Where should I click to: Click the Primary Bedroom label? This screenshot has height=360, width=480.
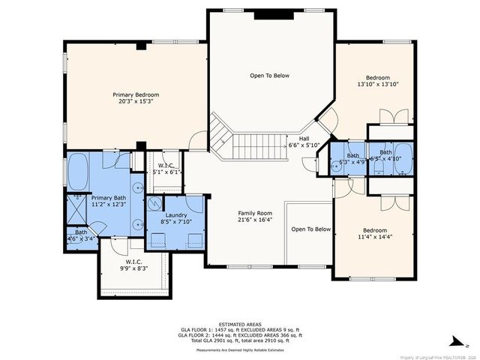(136, 94)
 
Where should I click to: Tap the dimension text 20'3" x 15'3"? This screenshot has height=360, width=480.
(136, 102)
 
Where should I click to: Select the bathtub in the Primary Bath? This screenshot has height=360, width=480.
(77, 173)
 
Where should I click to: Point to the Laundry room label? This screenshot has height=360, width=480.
(176, 214)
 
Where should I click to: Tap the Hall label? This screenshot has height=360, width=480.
(304, 138)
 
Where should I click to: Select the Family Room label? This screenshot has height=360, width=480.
(254, 212)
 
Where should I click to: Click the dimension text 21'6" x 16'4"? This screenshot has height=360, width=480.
(254, 220)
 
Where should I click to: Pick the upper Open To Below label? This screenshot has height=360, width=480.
(269, 76)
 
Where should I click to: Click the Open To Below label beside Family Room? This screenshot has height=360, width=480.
(310, 229)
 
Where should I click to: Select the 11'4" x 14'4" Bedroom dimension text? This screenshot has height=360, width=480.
(375, 237)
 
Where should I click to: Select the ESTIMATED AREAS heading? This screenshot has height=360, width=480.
(239, 324)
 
